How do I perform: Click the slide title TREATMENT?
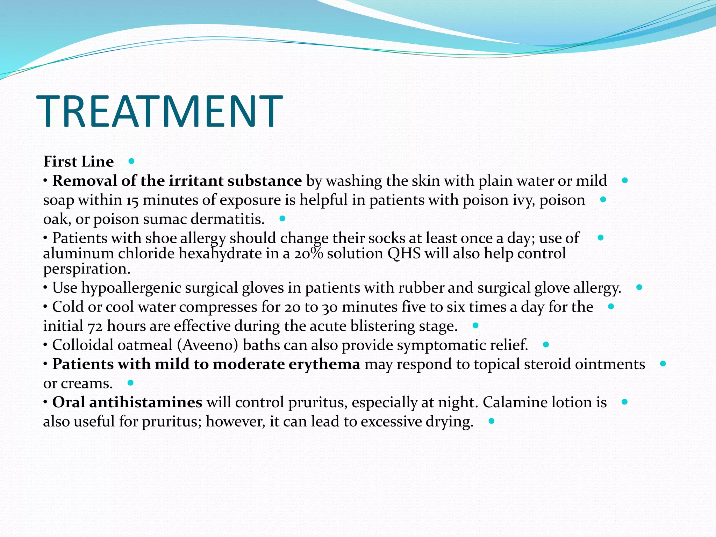tap(159, 111)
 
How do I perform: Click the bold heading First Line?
tap(78, 162)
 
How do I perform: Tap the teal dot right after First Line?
tap(131, 161)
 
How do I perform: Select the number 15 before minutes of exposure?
tap(133, 200)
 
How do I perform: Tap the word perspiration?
tap(87, 269)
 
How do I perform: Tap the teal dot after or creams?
tap(130, 383)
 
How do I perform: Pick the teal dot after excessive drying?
tap(492, 421)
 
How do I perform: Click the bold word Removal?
tap(84, 181)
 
